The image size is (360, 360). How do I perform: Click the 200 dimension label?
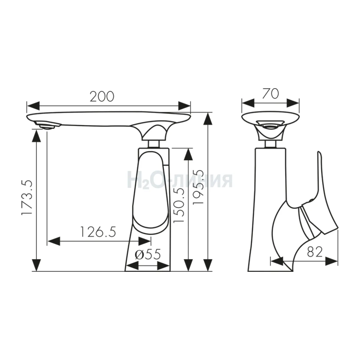point(102,97)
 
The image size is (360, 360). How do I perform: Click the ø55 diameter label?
point(148,254)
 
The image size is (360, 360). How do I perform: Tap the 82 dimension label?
point(315,252)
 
